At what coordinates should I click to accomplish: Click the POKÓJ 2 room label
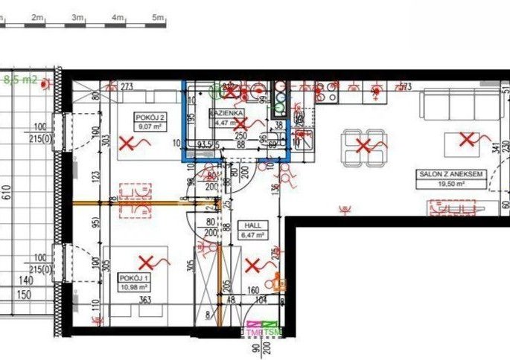(x=150, y=118)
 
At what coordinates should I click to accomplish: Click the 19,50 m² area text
(x=448, y=183)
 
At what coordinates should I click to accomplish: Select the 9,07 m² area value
(x=150, y=126)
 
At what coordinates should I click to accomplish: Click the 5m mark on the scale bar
(x=157, y=16)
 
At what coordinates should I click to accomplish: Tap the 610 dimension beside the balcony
(x=7, y=195)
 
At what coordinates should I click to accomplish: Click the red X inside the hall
(x=253, y=264)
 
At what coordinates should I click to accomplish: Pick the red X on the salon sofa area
(x=467, y=138)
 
